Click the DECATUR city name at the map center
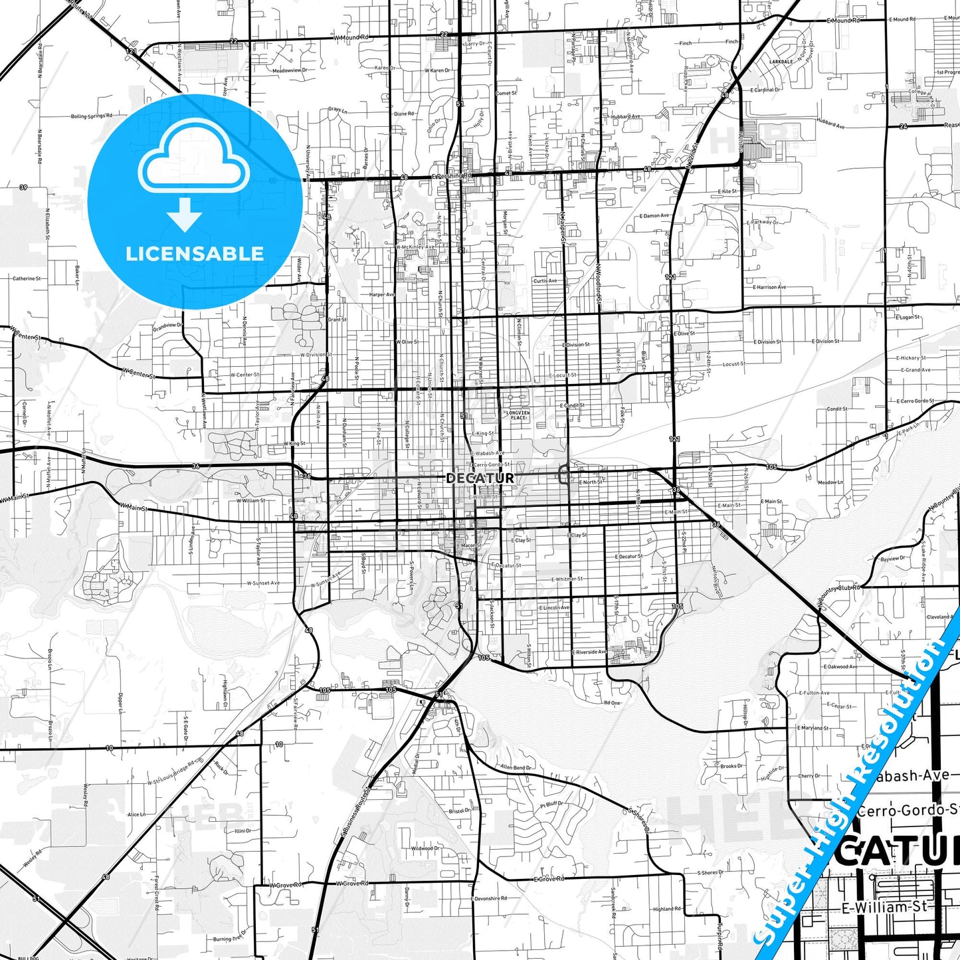(x=480, y=478)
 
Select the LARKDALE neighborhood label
(x=781, y=61)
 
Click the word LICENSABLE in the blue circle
(x=195, y=253)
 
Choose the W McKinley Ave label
(x=415, y=247)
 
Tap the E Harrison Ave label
(x=769, y=287)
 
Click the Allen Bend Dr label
(x=516, y=767)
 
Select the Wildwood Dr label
(x=425, y=848)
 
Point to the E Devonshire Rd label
(x=490, y=898)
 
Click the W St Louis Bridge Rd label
(x=171, y=772)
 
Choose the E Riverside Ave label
(x=589, y=652)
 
